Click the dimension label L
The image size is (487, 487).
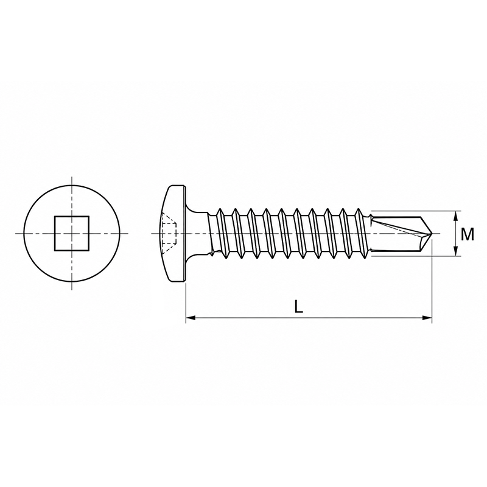(x=298, y=307)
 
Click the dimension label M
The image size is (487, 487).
(x=467, y=234)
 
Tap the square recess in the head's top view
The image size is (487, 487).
(x=72, y=233)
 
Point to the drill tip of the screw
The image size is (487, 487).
(x=432, y=233)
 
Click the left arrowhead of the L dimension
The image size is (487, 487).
(x=191, y=317)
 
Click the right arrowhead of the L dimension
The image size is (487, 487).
(x=427, y=317)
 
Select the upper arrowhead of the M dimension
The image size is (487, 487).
(x=455, y=216)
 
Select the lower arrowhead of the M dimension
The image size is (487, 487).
(x=455, y=251)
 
